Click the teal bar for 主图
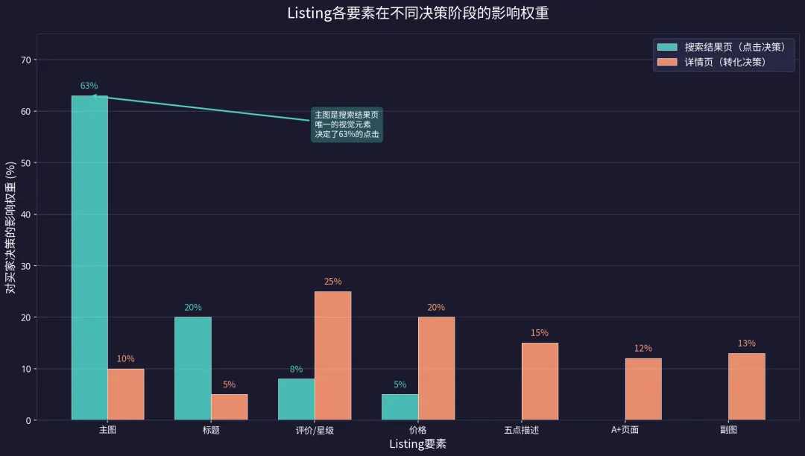tap(89, 258)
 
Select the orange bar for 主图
tap(126, 394)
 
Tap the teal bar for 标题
tap(193, 368)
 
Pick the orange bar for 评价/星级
tap(332, 355)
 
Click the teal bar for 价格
tap(400, 407)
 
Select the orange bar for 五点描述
tap(540, 381)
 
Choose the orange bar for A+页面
tap(643, 389)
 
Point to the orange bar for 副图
tap(747, 387)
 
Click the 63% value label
tap(89, 86)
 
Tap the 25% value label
tap(332, 282)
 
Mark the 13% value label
tap(747, 343)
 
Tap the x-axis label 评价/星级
tap(315, 430)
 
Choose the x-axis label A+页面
tap(625, 430)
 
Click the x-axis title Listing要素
tap(417, 444)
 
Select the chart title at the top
tap(417, 13)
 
